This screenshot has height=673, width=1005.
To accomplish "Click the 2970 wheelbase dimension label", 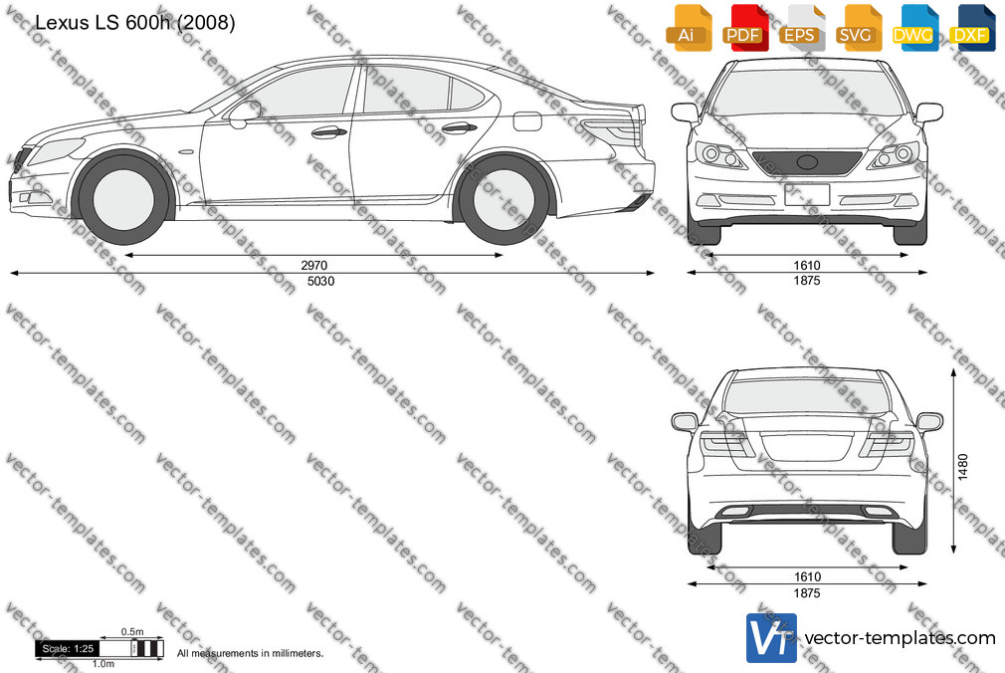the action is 314,265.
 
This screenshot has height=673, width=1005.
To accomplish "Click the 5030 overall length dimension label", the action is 320,281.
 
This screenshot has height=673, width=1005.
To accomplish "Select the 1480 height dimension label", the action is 962,467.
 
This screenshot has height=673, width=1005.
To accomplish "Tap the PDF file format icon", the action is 743,28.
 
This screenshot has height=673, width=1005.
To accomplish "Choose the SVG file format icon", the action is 857,28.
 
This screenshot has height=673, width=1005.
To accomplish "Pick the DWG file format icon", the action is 912,28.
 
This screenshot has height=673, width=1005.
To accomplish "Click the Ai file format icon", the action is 687,28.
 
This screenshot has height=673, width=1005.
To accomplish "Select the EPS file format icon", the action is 800,28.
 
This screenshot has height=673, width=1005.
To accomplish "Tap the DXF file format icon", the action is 969,28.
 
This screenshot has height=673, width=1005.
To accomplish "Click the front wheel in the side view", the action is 123,197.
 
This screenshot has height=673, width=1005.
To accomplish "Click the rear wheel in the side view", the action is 502,198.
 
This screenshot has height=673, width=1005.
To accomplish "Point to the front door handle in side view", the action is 328,132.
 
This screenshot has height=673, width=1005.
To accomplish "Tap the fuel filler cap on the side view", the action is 527,120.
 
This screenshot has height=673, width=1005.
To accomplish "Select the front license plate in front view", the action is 807,194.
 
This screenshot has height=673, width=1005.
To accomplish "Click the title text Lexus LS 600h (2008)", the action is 134,23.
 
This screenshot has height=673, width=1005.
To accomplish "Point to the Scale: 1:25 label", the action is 68,649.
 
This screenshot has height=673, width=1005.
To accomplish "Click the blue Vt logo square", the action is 771,638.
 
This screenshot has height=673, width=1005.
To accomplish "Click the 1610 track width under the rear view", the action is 807,576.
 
